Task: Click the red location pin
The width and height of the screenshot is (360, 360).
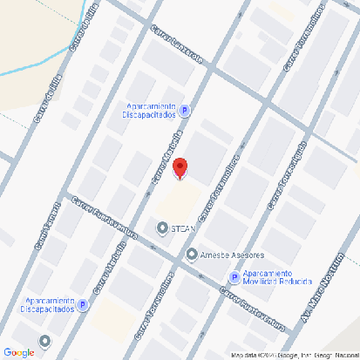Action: [x=179, y=168]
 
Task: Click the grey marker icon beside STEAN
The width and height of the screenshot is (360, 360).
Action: [x=162, y=228]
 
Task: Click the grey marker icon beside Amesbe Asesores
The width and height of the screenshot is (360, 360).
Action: [x=192, y=255]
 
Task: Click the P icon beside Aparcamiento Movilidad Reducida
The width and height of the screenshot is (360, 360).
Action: [x=234, y=277]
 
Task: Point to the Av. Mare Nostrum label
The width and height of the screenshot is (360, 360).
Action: [x=321, y=289]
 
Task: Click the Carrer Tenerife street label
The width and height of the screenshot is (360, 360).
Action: [x=47, y=226]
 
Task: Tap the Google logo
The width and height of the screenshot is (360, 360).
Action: [x=18, y=352]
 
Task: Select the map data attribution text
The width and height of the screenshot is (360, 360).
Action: [x=295, y=355]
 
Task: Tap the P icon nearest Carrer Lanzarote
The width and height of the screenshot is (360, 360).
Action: [x=185, y=111]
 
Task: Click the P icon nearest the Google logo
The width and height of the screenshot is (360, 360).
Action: [x=83, y=305]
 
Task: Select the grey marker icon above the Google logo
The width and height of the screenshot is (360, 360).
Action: [x=45, y=340]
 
